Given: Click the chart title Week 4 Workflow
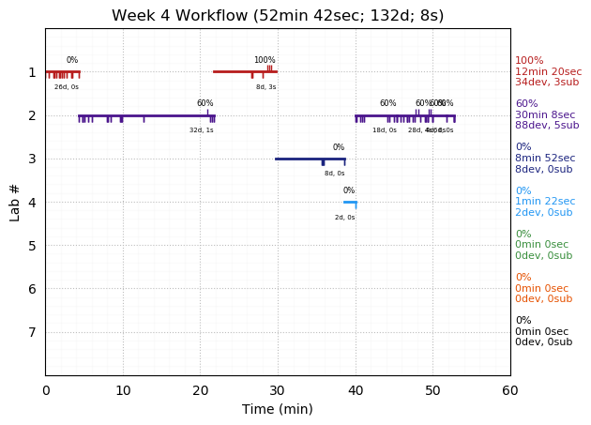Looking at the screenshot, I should pos(278,16).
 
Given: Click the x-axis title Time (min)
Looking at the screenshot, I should pos(278,409).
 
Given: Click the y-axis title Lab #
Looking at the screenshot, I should pos(15,201).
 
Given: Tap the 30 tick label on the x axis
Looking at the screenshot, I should pos(278,390).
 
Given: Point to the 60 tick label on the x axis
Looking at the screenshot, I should pos(509,390).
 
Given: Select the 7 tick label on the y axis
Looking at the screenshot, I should pos(32,332).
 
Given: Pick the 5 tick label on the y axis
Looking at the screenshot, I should pos(32,246).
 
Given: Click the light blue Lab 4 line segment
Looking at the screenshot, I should pos(350,202).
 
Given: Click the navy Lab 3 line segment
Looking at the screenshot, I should pos(310,159).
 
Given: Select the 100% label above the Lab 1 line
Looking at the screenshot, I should pos(265,60).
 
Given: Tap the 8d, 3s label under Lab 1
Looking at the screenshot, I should pos(266,87).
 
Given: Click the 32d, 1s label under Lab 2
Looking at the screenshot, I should pos(202,130).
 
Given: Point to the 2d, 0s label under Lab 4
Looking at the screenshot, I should pos(345,218).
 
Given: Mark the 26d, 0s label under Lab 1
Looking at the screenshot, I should pos(67,87).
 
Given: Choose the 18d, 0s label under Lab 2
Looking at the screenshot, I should pos(385,130).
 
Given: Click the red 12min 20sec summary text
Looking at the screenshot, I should pos(548,71).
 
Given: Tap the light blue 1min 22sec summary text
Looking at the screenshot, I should pos(548,202).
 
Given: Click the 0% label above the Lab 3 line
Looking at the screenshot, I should pos(339,147).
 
